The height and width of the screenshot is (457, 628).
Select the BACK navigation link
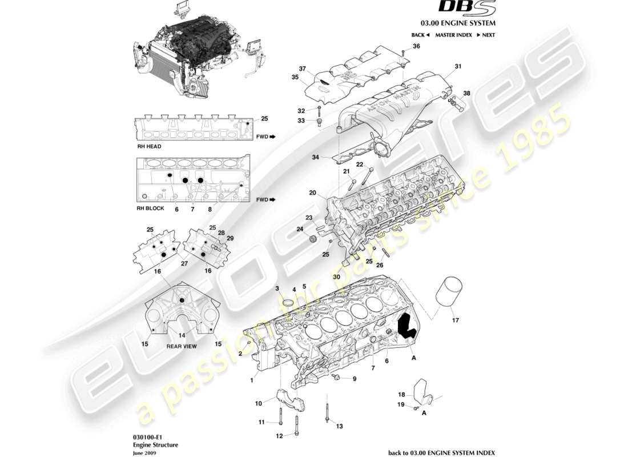[x=420, y=35]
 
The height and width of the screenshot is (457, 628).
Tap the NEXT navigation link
[x=485, y=35]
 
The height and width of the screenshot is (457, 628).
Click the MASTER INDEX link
[x=453, y=35]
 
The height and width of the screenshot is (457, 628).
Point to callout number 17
[x=455, y=320]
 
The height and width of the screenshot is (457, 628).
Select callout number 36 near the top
[x=416, y=46]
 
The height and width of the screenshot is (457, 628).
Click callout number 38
[x=467, y=93]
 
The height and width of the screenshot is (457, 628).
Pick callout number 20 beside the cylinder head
[x=312, y=193]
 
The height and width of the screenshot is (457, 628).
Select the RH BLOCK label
[x=150, y=209]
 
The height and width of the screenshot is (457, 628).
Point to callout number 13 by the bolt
[x=339, y=426]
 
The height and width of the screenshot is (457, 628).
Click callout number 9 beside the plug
[x=354, y=379]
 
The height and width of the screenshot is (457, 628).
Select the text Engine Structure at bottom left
[x=155, y=444]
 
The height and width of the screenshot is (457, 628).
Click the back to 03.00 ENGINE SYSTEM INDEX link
[x=441, y=452]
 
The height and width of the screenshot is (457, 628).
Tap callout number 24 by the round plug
[x=299, y=230]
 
